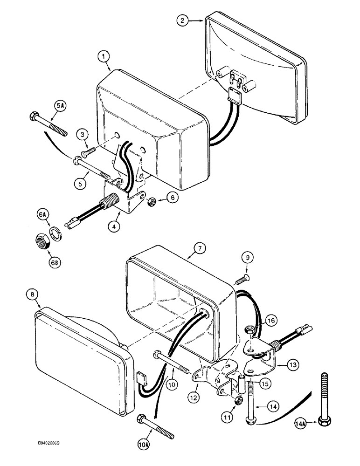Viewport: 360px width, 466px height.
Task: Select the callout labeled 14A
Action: pos(301,424)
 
